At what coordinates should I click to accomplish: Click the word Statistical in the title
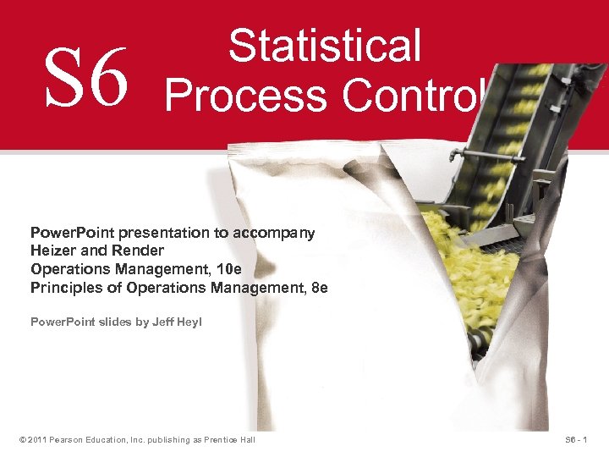coord(324,46)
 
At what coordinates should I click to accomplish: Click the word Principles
coord(62,288)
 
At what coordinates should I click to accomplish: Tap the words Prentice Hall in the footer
coord(231,439)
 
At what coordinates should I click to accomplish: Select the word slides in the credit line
coord(115,322)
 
